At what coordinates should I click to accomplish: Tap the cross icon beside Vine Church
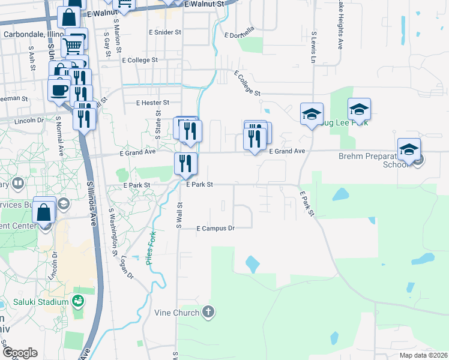click(x=208, y=311)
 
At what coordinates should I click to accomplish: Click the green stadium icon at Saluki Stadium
click(x=77, y=300)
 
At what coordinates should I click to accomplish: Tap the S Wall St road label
click(x=179, y=215)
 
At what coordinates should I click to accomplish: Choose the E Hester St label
click(x=152, y=103)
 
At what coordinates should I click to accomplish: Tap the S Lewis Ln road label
click(x=313, y=47)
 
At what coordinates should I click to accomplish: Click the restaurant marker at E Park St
click(x=185, y=164)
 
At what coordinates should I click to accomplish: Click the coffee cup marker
click(x=59, y=90)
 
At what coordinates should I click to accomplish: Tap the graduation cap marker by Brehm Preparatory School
click(x=409, y=149)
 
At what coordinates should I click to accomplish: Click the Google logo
click(x=20, y=353)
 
